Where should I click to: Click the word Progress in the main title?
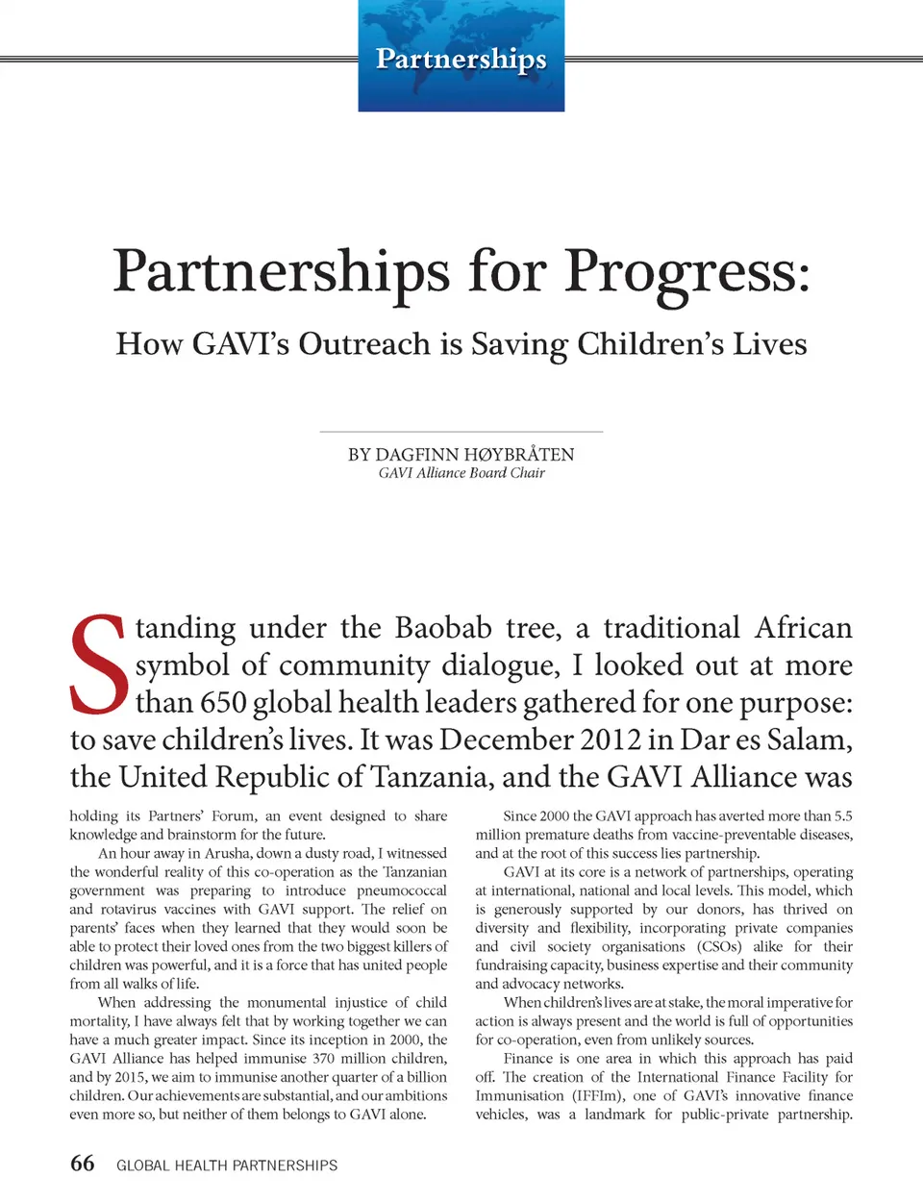pos(686,272)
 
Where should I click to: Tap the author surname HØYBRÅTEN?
pos(519,454)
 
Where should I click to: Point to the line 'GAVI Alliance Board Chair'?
pos(461,473)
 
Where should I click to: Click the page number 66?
pos(83,1164)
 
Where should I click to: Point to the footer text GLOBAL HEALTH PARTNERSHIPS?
pos(227,1165)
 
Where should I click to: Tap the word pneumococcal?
pos(402,890)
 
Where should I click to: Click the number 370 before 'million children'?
pos(323,1058)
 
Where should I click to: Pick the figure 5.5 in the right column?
pos(843,815)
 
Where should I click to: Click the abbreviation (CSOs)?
pos(719,946)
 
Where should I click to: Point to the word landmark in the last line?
pos(614,1115)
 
